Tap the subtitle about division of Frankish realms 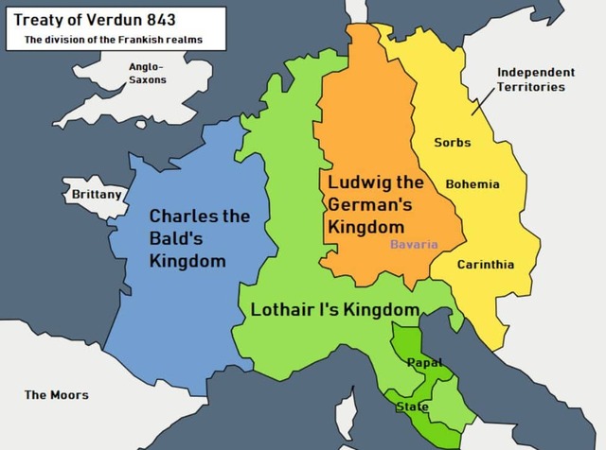(113, 40)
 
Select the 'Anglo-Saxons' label (147, 73)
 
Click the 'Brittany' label (97, 195)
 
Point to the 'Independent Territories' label (535, 79)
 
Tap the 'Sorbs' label (452, 143)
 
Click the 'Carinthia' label (486, 265)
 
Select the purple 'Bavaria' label (414, 244)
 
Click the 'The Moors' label (57, 394)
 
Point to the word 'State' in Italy (412, 407)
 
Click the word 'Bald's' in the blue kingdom (176, 238)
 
